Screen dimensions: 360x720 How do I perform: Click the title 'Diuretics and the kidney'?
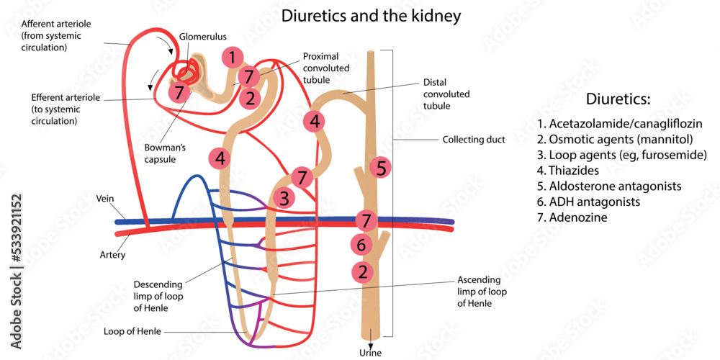coord(371,15)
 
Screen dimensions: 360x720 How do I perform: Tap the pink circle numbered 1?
coord(232,57)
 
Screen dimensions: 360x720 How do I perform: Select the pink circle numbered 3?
coord(284,197)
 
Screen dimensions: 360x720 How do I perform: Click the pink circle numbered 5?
coord(382,168)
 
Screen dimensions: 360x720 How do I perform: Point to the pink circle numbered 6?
coord(361,245)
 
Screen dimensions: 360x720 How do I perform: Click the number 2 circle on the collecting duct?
coord(363,272)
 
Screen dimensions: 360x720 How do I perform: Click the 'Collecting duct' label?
coord(474,140)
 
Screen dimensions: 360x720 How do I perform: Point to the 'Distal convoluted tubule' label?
coord(446,94)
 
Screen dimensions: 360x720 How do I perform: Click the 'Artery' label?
coord(112,255)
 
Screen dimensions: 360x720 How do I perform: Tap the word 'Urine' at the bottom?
coord(370,353)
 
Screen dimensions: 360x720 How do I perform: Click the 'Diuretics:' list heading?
coord(618,99)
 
